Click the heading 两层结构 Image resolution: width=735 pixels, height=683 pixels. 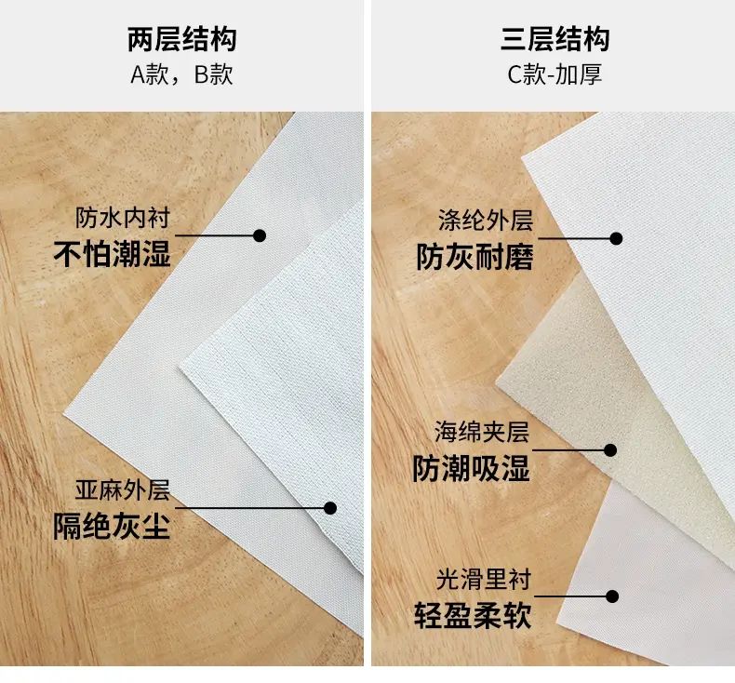point(181,39)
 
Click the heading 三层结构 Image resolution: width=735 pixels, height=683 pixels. point(555,39)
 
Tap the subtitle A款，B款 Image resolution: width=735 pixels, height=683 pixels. point(181,74)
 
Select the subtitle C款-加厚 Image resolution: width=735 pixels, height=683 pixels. point(555,74)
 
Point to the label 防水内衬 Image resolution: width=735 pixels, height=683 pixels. point(123,218)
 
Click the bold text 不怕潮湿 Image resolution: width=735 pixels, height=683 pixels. point(112,254)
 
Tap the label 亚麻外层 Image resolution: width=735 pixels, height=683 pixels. point(123,490)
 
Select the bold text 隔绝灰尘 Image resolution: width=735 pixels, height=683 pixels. point(112,526)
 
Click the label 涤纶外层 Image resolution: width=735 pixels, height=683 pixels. point(486,221)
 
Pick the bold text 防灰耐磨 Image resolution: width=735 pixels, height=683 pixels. point(475,257)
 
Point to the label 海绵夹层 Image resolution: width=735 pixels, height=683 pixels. point(482,432)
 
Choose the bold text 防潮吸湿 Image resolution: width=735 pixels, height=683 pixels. point(471,468)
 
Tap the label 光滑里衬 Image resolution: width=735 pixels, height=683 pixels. point(484,580)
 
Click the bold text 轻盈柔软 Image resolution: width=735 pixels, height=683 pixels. point(473,615)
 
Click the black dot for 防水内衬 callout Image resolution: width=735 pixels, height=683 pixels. point(260,235)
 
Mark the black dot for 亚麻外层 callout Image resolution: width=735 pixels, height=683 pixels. point(330,508)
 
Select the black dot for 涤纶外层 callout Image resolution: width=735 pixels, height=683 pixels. point(617,238)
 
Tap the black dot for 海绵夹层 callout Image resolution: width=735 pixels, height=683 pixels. point(610,450)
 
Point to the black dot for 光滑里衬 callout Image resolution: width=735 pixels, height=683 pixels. point(612,596)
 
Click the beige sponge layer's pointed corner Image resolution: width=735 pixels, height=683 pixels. point(496,382)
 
